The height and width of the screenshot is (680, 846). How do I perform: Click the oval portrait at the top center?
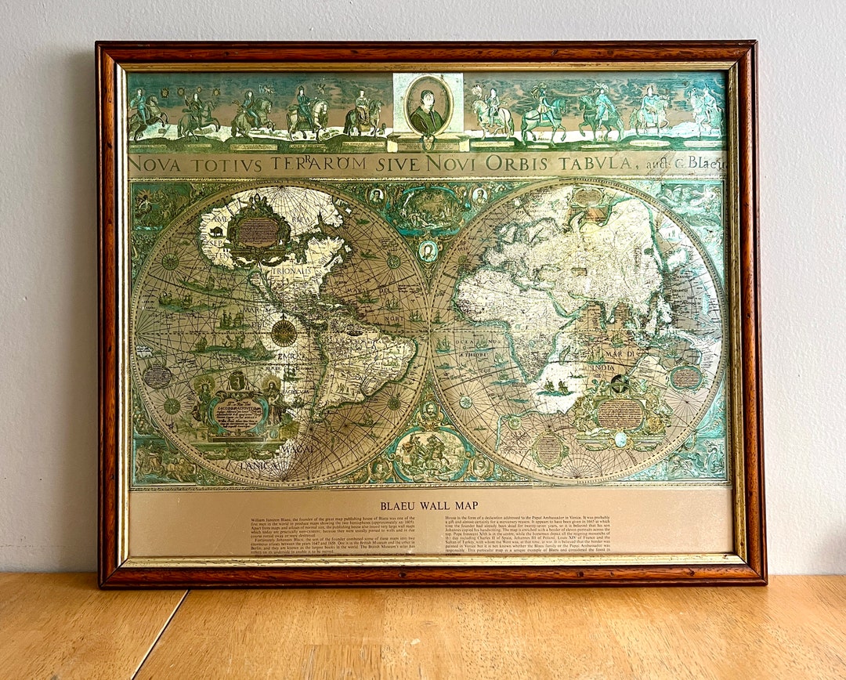click(428, 106)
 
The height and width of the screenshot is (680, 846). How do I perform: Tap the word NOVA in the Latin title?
click(154, 165)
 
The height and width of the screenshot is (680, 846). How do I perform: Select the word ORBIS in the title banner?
click(514, 164)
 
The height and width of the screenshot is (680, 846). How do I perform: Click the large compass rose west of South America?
click(284, 332)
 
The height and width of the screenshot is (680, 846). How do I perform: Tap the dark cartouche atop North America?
click(256, 231)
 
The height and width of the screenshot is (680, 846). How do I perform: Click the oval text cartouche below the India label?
click(619, 413)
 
